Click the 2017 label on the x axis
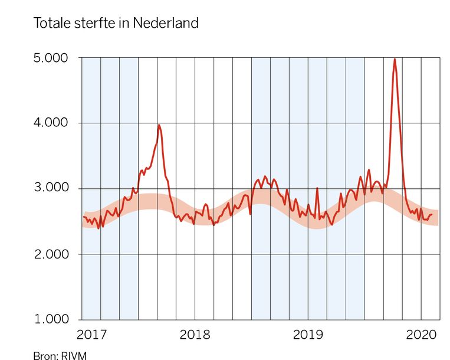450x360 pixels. pos(91,335)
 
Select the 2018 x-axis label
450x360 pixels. pos(195,335)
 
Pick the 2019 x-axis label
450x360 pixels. pos(308,335)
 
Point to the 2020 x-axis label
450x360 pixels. pos(421,335)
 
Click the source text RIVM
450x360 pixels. pos(66,355)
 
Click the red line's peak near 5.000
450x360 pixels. pos(395,59)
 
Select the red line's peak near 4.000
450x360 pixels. pos(159,125)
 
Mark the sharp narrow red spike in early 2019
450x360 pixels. pos(317,189)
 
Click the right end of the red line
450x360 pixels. pos(432,215)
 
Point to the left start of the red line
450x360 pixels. pos(83,217)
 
